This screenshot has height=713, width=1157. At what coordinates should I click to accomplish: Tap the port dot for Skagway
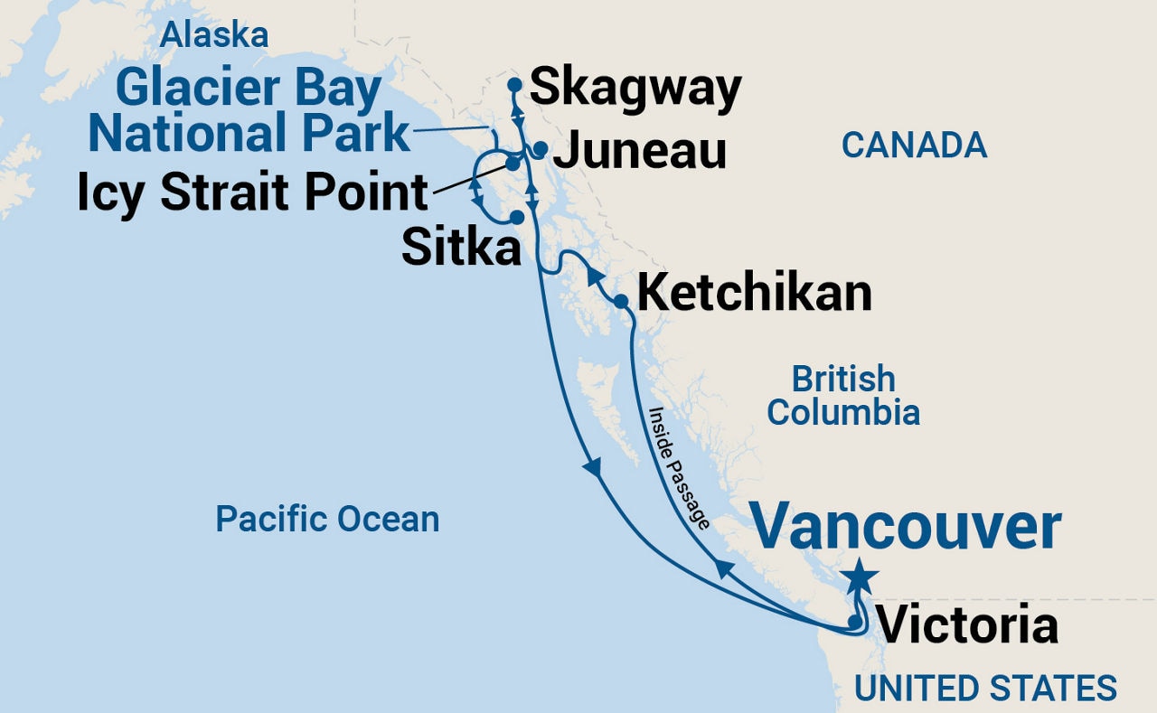tap(514, 84)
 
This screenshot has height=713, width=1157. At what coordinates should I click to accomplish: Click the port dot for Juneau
tap(540, 148)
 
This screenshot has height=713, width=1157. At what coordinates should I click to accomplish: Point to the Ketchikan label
tap(755, 293)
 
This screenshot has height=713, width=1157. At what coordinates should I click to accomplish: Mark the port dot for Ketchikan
tap(621, 301)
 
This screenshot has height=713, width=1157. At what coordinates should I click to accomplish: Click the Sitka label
tap(461, 247)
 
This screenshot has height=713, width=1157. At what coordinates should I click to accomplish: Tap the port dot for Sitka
tap(516, 217)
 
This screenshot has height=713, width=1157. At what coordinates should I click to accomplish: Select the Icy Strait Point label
tap(252, 192)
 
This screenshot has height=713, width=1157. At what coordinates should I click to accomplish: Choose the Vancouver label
tap(906, 529)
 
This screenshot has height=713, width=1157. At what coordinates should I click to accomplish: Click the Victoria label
tap(968, 625)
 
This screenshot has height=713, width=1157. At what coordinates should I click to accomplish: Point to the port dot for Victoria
tap(854, 622)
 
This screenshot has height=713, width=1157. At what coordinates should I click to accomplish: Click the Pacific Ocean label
tap(327, 519)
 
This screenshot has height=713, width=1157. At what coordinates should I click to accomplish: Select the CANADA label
tap(914, 145)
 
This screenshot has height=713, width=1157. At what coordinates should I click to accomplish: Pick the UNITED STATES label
tap(985, 688)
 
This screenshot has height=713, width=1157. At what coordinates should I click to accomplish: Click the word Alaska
tap(214, 35)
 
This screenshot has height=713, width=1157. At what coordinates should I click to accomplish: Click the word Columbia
tap(843, 413)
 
